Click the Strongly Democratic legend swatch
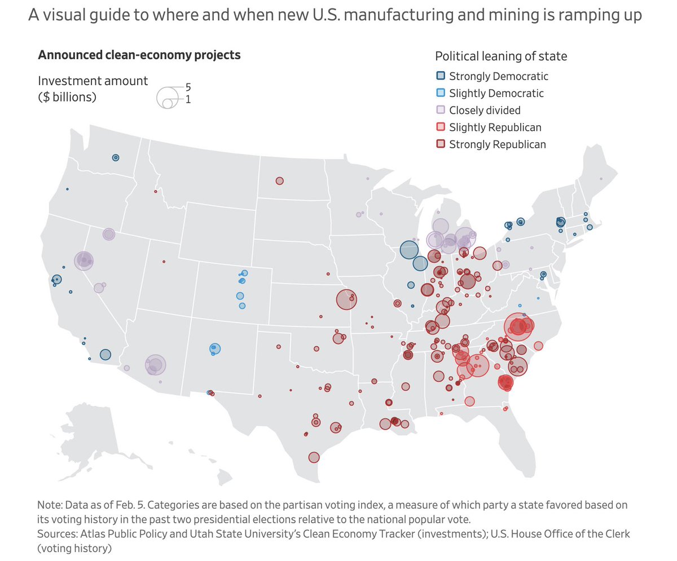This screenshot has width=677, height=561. [x=441, y=76]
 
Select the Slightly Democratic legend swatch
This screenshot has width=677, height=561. [x=441, y=93]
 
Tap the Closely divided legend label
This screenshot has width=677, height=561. [x=485, y=110]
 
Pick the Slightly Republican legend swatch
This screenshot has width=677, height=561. [x=441, y=127]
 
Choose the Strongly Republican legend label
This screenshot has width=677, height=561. [x=497, y=144]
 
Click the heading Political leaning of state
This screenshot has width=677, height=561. [x=501, y=56]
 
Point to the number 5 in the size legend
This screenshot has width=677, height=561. [x=188, y=88]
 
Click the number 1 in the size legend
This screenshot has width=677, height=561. [x=188, y=100]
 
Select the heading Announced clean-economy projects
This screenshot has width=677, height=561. [x=139, y=55]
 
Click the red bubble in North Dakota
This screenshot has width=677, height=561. [x=279, y=181]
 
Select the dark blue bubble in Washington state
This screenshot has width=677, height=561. [x=116, y=158]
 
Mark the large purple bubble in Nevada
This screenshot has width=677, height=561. [x=84, y=260]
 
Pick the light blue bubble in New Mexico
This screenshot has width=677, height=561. [x=214, y=349]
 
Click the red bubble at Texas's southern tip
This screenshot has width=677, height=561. [x=314, y=457]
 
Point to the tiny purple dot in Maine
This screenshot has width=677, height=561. [x=601, y=179]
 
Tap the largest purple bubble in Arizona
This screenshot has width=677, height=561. [x=155, y=365]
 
